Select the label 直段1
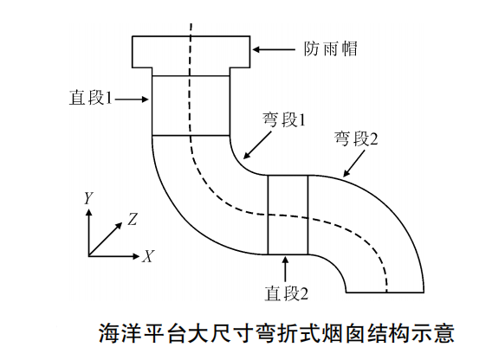click(91, 98)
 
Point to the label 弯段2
click(356, 138)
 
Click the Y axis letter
click(88, 198)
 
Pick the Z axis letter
click(133, 219)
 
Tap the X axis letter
click(149, 256)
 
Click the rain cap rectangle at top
click(191, 53)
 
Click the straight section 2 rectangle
click(288, 215)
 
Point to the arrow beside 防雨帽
click(276, 49)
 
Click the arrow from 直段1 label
click(133, 100)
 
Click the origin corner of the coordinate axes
click(89, 255)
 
